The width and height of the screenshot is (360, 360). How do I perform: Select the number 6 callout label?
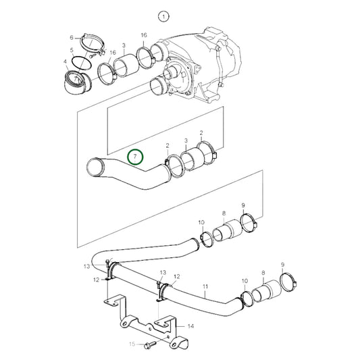tap(72, 38)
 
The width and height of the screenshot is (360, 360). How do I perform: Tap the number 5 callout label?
tap(72, 50)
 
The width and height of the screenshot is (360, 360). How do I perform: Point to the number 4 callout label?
tap(66, 62)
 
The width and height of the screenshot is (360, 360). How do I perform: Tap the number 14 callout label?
tap(191, 326)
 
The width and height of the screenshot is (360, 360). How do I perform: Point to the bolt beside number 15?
tap(149, 344)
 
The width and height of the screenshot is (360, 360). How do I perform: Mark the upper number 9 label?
tap(243, 205)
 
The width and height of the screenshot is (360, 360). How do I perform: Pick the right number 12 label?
tap(176, 276)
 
